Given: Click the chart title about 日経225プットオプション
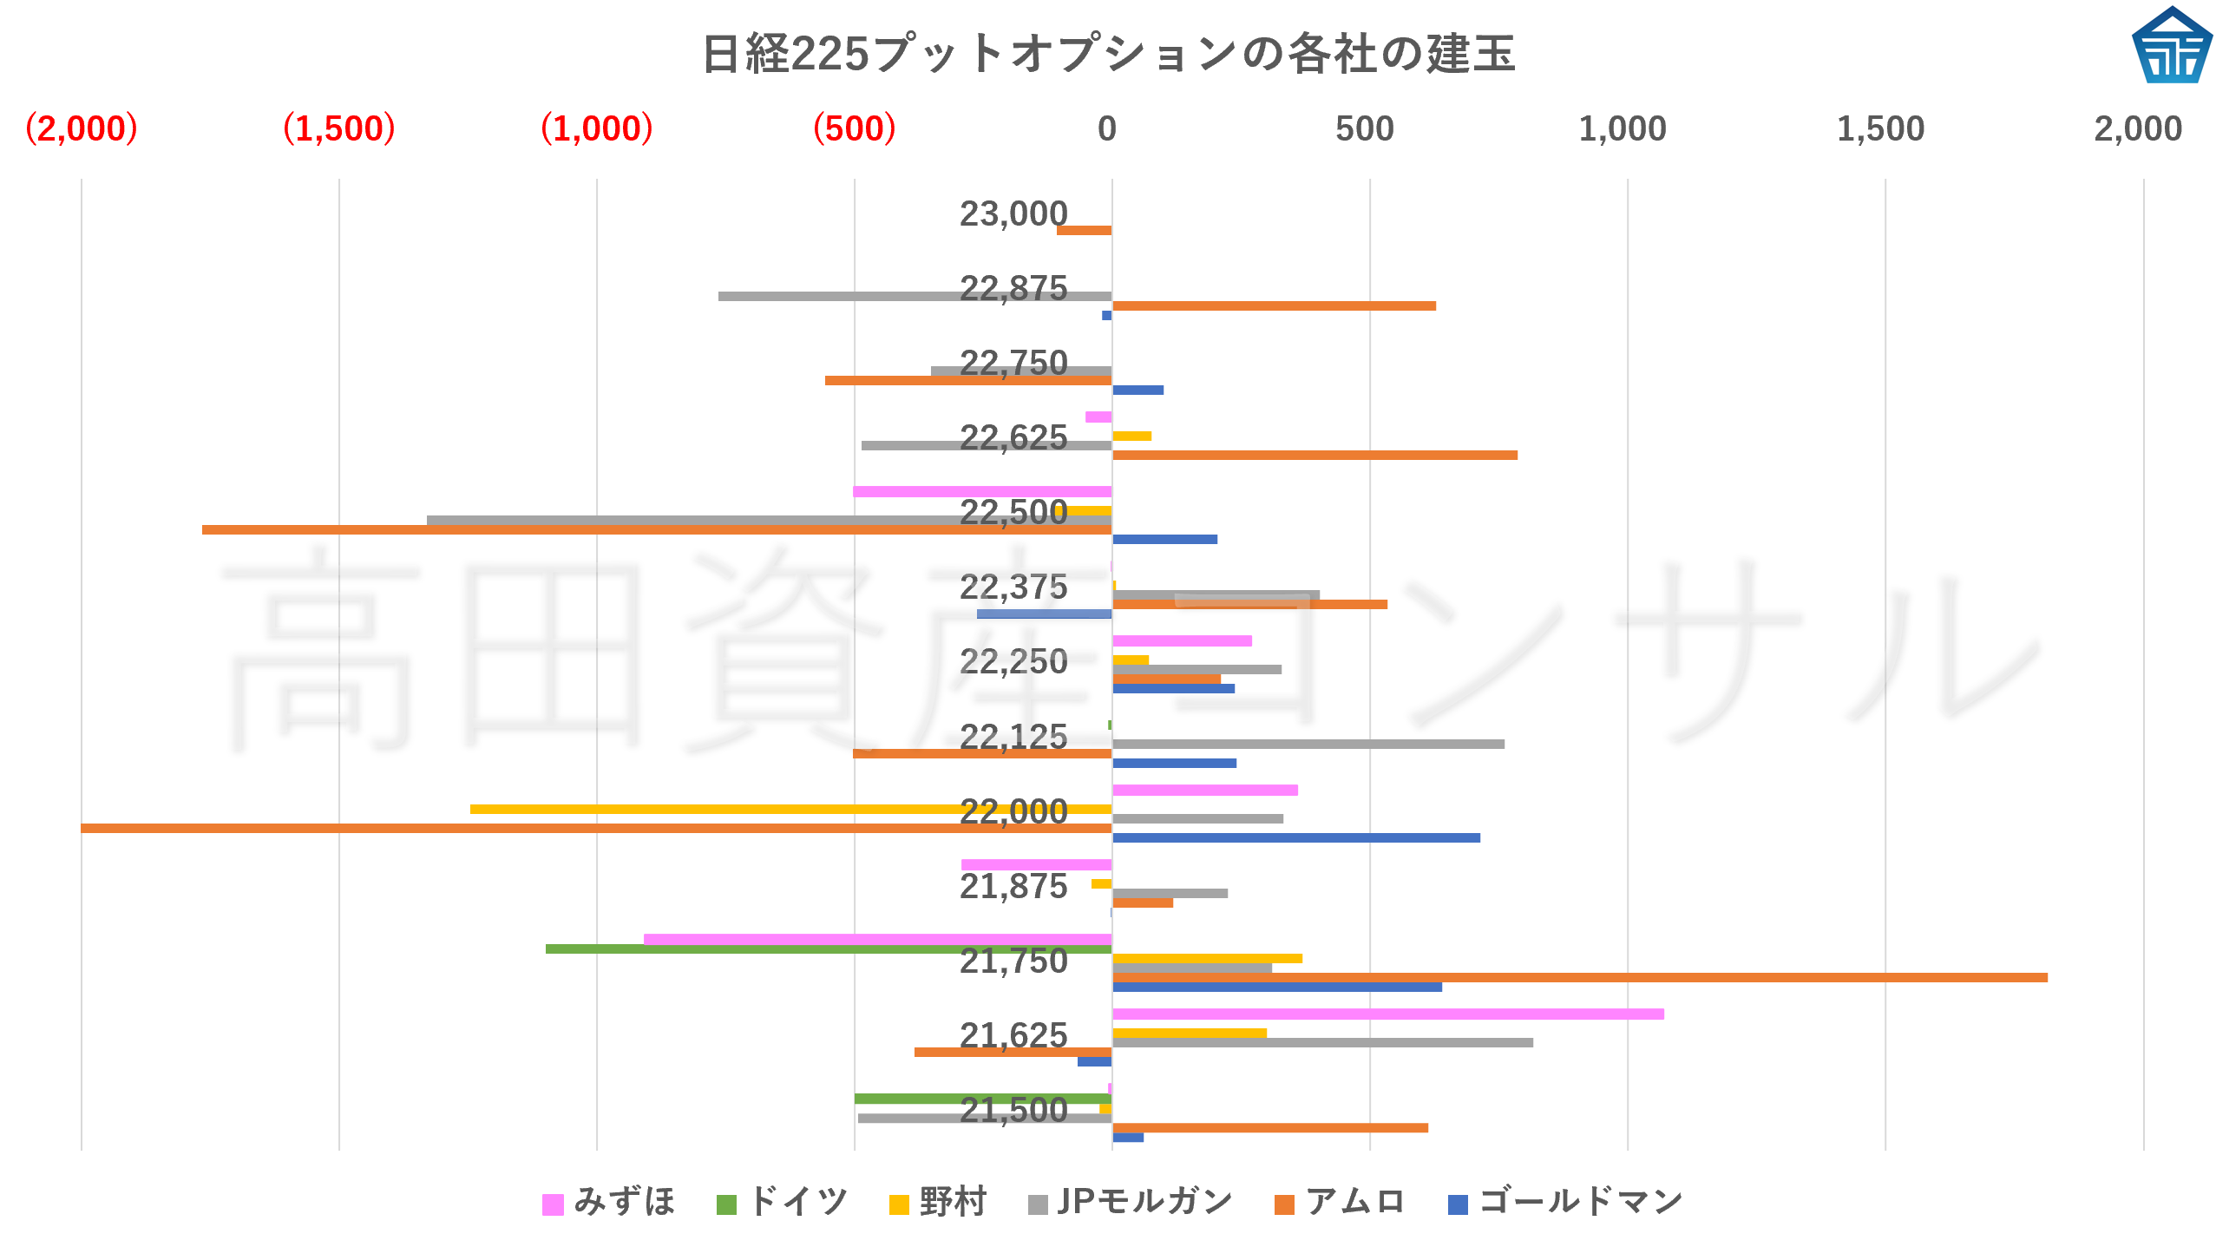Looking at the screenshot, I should click(1108, 54).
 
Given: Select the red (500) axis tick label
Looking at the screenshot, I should click(854, 128).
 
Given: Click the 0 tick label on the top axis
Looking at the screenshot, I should click(1106, 128).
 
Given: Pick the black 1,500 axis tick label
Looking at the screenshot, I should click(1880, 128).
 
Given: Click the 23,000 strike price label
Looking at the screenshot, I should click(1013, 213).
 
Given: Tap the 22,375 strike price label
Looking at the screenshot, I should click(1013, 587).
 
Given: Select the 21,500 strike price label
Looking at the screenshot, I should click(1013, 1110).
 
